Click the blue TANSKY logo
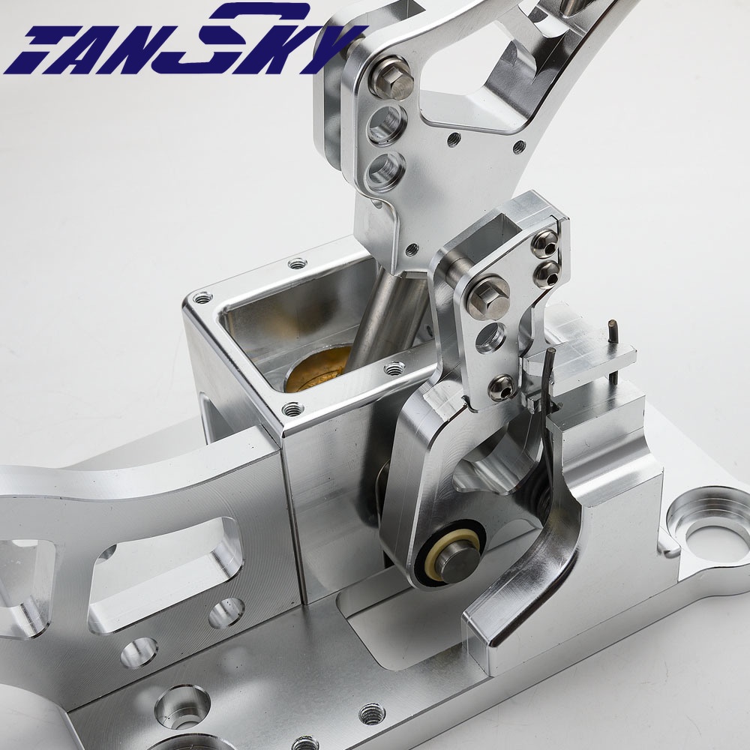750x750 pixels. click(x=184, y=40)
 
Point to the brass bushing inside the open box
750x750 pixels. click(x=318, y=368)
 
